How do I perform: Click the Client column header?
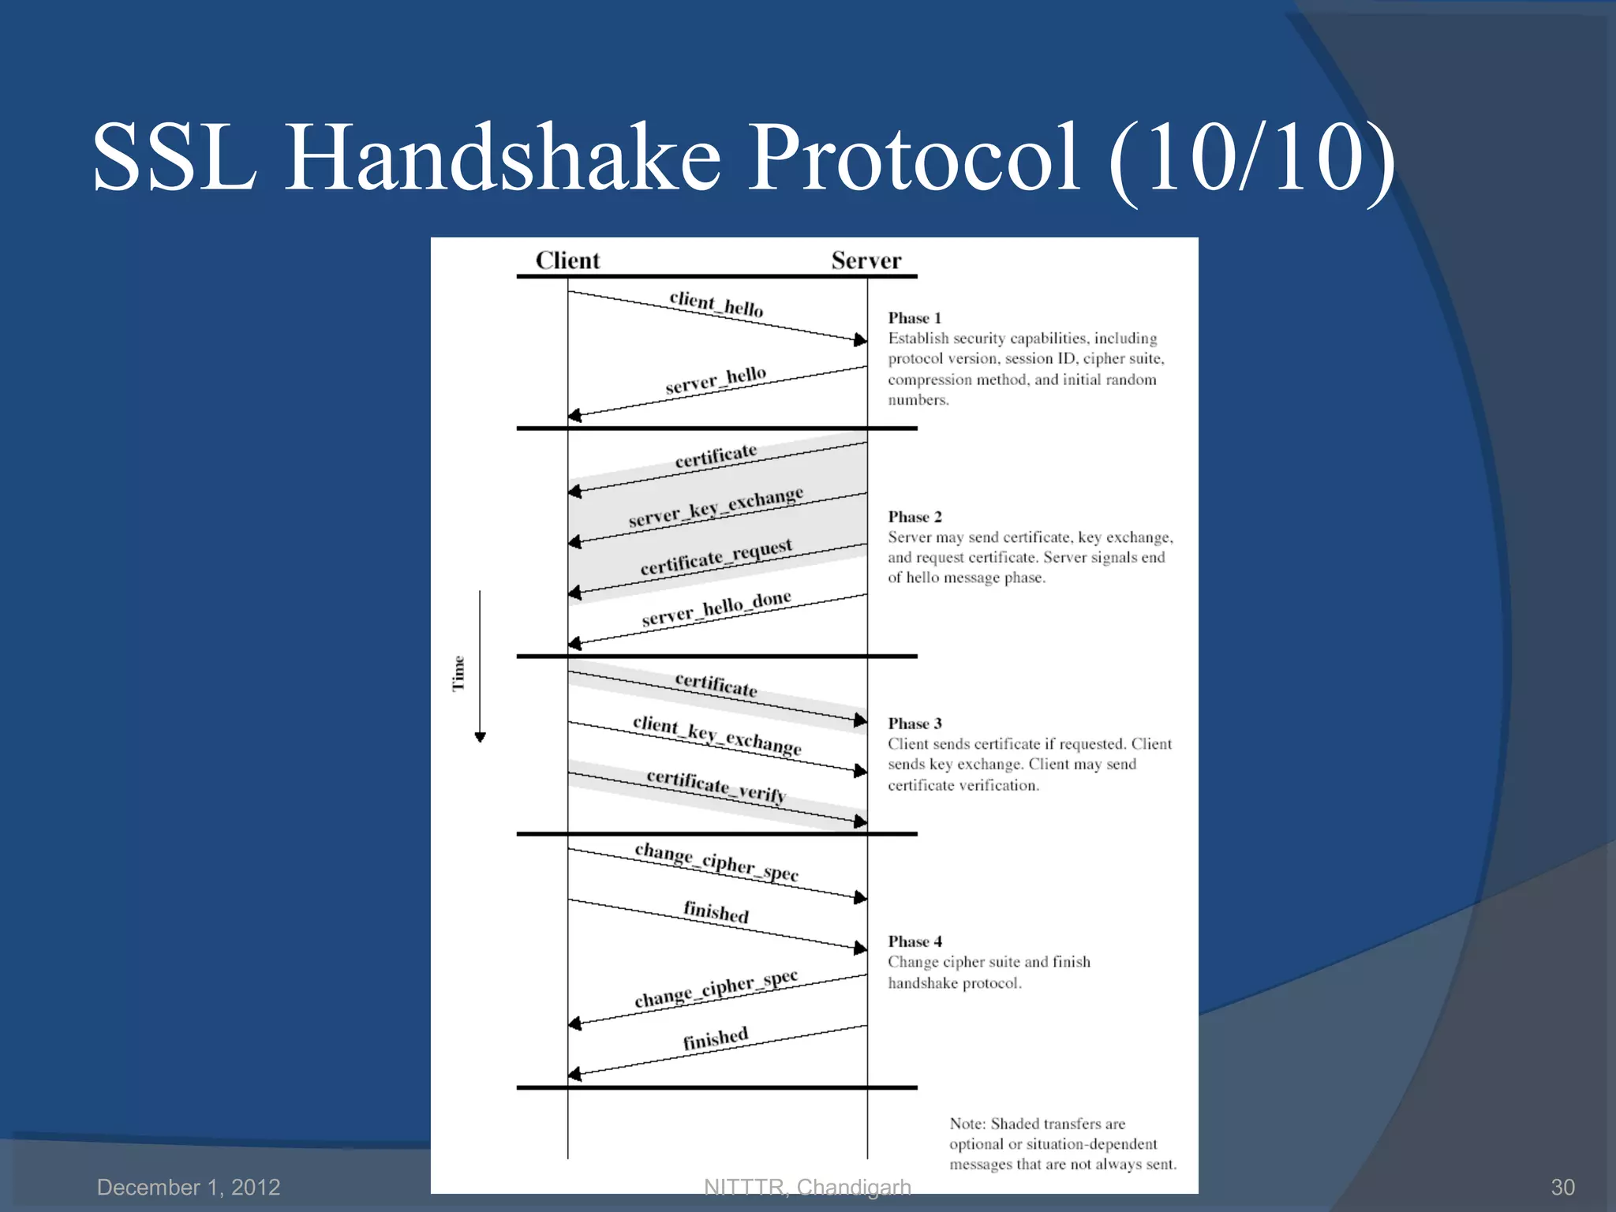point(567,260)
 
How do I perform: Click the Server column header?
point(866,260)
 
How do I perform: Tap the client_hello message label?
point(716,304)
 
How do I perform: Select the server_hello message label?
point(716,380)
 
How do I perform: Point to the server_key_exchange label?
point(716,507)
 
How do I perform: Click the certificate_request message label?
point(716,558)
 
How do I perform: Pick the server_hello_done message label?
point(716,608)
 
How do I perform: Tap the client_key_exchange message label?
point(716,735)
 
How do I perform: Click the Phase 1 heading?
point(915,318)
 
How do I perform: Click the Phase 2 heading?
point(915,517)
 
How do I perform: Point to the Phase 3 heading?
point(915,724)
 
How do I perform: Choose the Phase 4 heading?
point(915,941)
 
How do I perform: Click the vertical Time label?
point(458,673)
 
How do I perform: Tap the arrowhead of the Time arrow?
point(480,738)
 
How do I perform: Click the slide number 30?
point(1562,1187)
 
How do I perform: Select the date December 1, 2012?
point(189,1187)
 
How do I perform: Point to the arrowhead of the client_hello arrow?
point(861,339)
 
